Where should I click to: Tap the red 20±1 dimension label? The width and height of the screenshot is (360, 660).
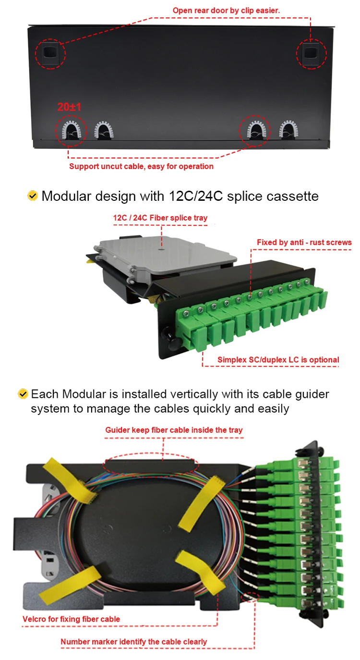coord(69,108)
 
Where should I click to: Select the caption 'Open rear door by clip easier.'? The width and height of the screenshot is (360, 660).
coord(226,10)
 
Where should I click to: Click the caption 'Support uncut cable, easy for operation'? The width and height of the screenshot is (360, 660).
coord(141,167)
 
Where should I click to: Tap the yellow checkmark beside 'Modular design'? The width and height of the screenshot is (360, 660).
coord(33,196)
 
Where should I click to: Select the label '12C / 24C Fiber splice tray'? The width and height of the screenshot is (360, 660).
coord(160,218)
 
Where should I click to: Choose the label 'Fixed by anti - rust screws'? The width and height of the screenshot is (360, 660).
coord(304,242)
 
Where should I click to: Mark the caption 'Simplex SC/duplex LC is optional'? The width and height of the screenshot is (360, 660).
coord(278,360)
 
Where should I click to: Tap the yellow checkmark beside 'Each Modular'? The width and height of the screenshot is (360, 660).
coord(23,394)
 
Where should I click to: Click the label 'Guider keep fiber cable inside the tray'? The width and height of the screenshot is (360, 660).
coord(174,430)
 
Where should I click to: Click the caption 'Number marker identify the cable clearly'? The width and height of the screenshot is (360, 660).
coord(133,642)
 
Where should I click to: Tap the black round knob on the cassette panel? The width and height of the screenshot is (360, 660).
coord(169,335)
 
